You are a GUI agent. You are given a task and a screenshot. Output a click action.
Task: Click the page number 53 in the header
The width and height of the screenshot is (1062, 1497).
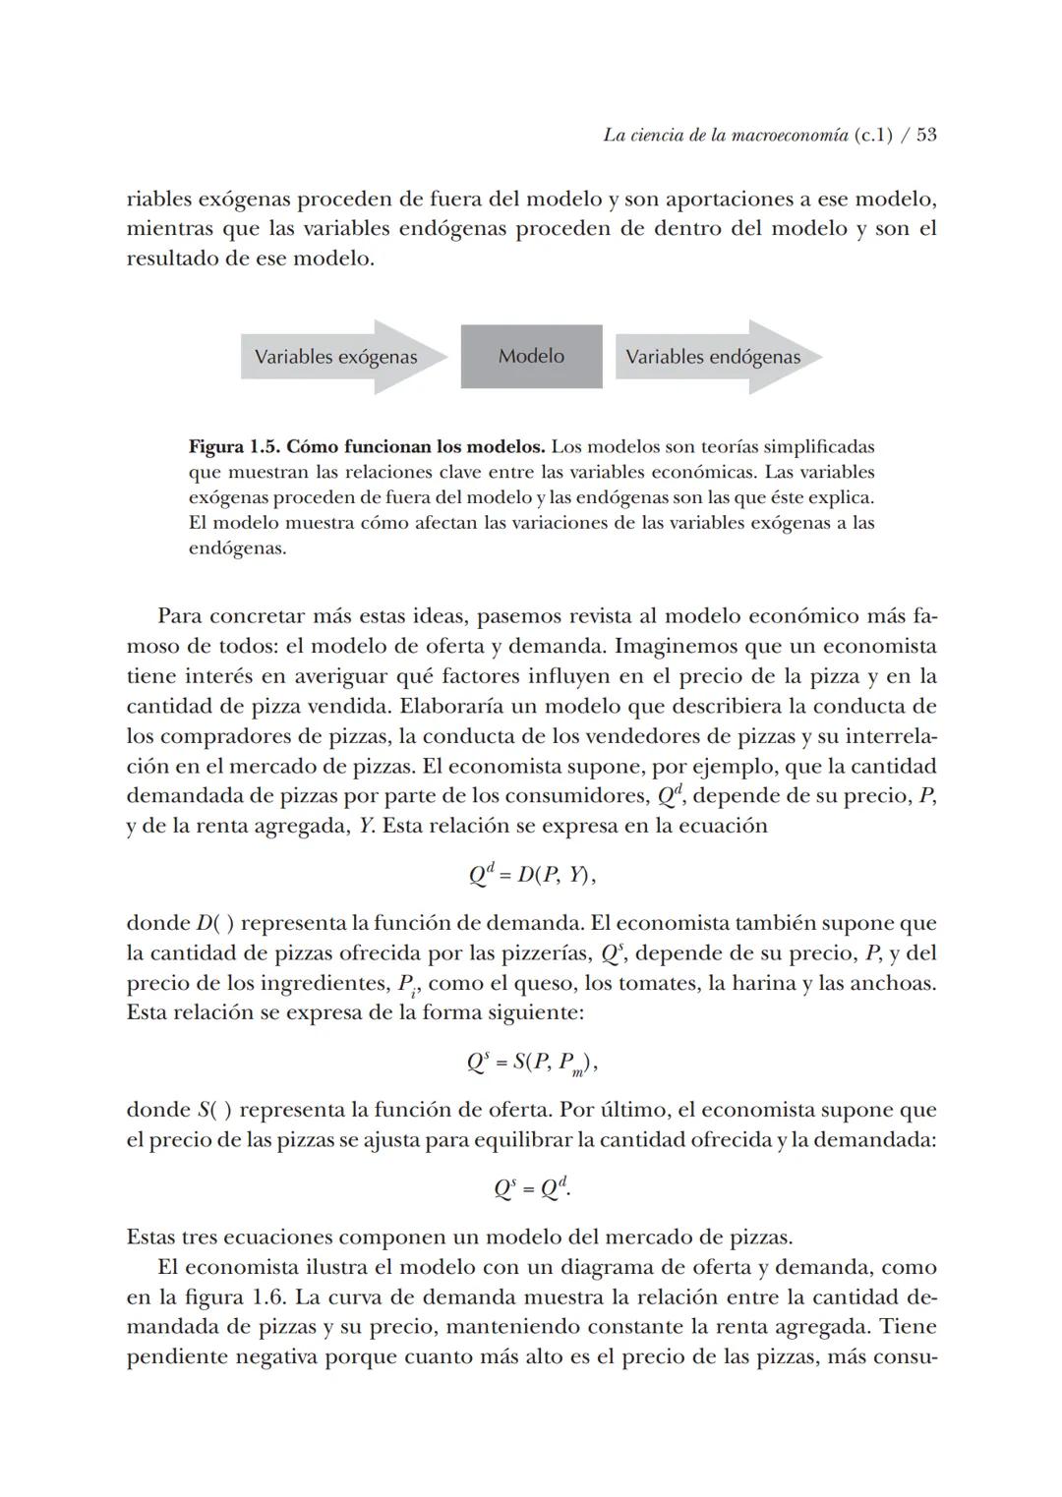pos(925,135)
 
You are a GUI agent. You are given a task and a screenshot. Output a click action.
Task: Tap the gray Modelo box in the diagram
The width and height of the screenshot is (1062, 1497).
pos(531,356)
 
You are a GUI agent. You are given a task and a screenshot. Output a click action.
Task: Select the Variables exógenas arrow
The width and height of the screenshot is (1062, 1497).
pos(335,357)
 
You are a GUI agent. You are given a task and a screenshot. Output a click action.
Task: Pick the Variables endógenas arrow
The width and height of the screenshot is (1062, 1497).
pos(714,357)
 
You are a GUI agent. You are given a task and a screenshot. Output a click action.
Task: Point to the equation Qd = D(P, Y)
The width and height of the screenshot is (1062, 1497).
pos(531,874)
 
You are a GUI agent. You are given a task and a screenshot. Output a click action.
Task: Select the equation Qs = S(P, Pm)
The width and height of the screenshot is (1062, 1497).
pos(531,1063)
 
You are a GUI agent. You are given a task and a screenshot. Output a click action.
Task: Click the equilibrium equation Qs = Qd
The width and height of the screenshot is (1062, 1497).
pos(531,1188)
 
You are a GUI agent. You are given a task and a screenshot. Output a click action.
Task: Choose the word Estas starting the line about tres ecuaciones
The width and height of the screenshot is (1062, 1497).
pos(154,1237)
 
